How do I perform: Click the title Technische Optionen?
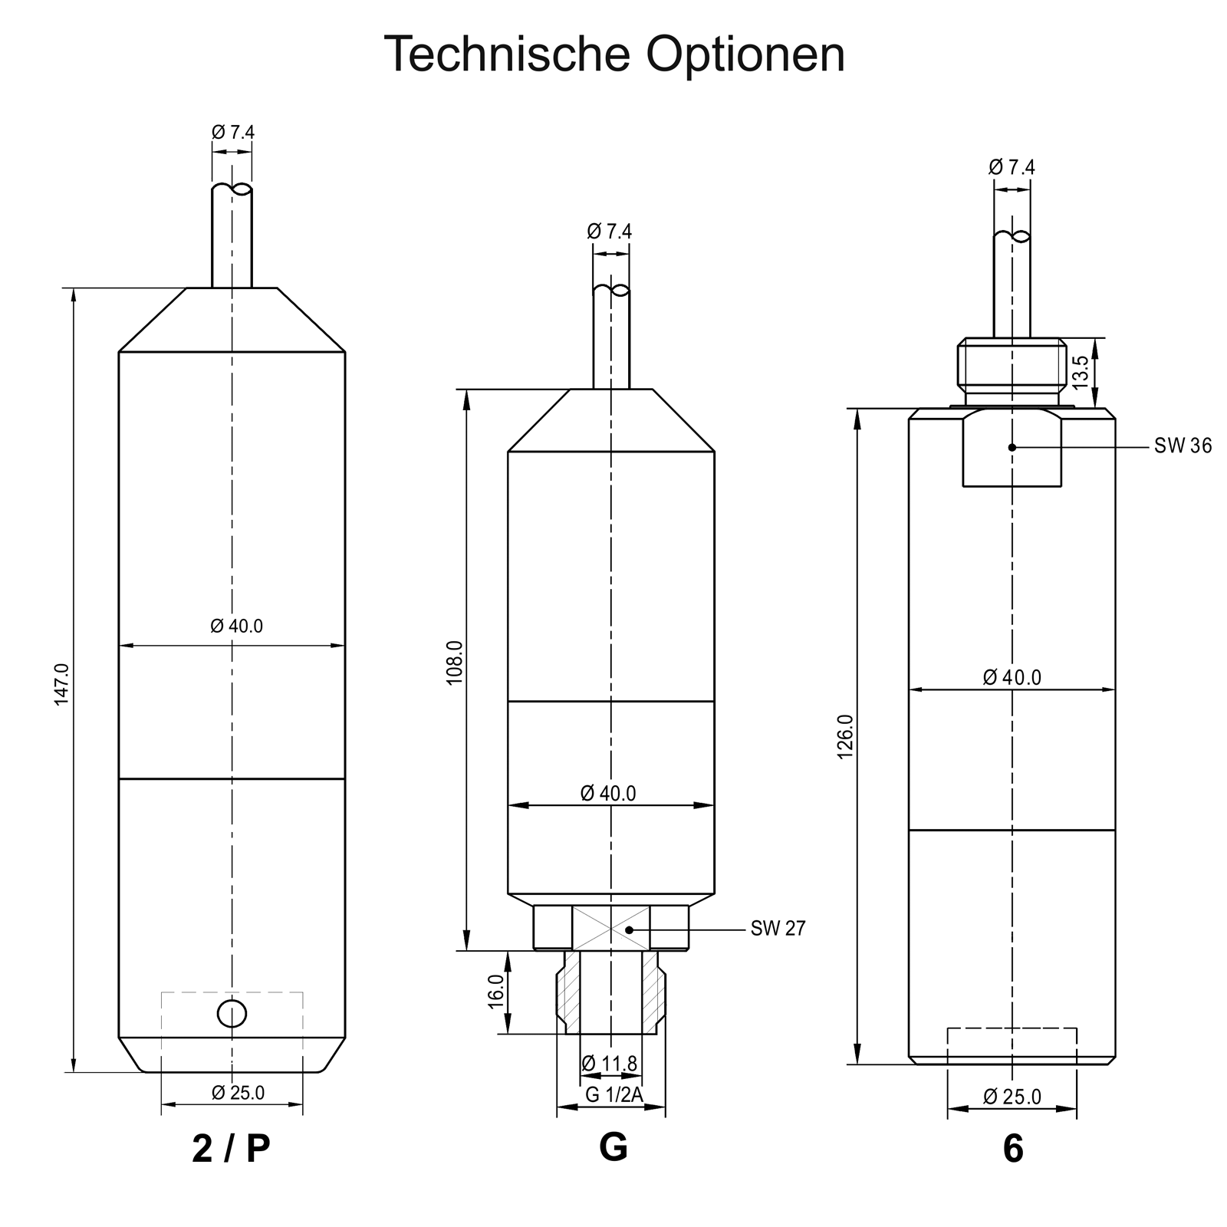click(x=613, y=54)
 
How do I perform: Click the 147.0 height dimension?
click(x=62, y=684)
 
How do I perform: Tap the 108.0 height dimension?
click(x=455, y=662)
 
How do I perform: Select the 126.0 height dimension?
click(x=844, y=736)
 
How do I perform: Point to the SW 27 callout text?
click(x=778, y=929)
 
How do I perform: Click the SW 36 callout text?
click(x=1183, y=446)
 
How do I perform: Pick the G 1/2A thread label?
click(x=614, y=1095)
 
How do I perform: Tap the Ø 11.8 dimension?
click(x=610, y=1064)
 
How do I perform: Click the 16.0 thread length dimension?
click(x=496, y=992)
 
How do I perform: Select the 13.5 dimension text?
click(x=1079, y=372)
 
